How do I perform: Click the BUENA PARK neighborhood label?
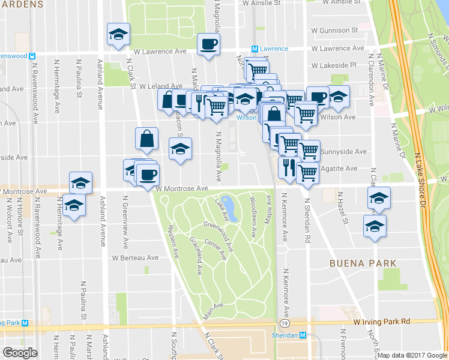click(362, 263)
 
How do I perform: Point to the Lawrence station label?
click(273, 49)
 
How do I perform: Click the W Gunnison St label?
click(334, 30)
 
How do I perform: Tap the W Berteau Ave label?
click(135, 257)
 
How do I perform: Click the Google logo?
click(20, 353)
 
